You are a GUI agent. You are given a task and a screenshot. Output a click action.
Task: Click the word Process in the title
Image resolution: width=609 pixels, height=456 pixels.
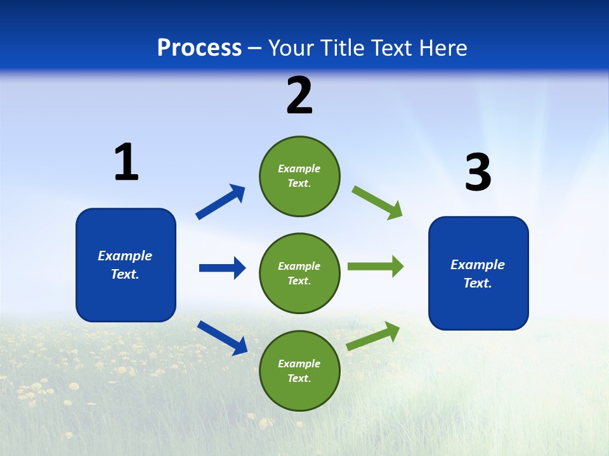(199, 47)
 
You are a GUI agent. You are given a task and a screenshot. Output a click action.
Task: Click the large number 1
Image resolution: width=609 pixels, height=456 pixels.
(126, 162)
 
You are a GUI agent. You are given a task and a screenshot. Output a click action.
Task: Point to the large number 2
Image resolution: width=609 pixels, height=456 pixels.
(299, 96)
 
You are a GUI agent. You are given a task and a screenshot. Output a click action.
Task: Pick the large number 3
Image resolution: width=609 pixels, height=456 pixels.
(478, 172)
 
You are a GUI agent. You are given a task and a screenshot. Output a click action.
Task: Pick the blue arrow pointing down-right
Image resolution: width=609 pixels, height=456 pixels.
(222, 337)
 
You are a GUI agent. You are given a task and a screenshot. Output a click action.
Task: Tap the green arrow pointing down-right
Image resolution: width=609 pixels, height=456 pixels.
(377, 203)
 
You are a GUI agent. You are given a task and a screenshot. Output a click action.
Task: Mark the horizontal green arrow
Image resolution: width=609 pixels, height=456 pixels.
(376, 267)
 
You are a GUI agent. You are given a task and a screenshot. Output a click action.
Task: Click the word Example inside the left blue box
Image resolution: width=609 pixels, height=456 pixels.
(125, 256)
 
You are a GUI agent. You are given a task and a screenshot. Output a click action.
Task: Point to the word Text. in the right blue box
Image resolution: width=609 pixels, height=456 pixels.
(478, 283)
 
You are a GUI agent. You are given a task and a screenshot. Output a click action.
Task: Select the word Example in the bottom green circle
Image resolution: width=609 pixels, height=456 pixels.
(299, 364)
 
